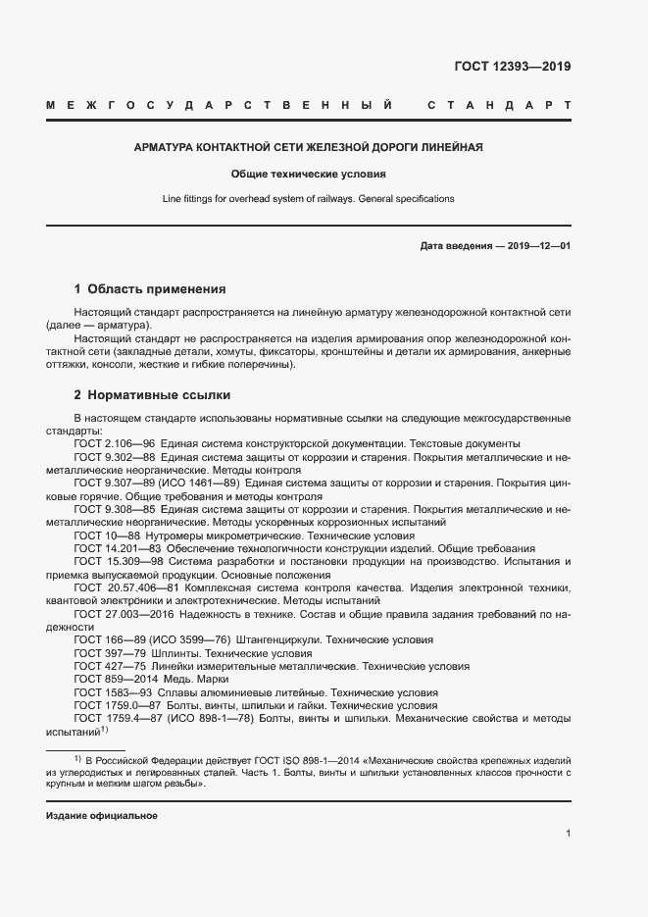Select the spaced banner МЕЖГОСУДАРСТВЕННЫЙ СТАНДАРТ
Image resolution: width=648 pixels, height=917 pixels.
pos(308,104)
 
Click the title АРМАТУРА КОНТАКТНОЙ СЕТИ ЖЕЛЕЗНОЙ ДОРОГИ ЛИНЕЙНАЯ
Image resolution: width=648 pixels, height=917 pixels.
pos(308,148)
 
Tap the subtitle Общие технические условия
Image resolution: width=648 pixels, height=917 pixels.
pos(308,174)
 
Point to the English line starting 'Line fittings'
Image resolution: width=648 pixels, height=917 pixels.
pos(308,198)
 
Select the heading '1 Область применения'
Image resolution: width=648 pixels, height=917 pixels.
pos(150,289)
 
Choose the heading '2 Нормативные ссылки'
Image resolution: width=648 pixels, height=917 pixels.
pos(153,395)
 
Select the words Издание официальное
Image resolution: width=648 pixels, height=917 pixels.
pos(101,816)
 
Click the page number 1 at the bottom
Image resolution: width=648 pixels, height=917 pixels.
pos(568,834)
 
